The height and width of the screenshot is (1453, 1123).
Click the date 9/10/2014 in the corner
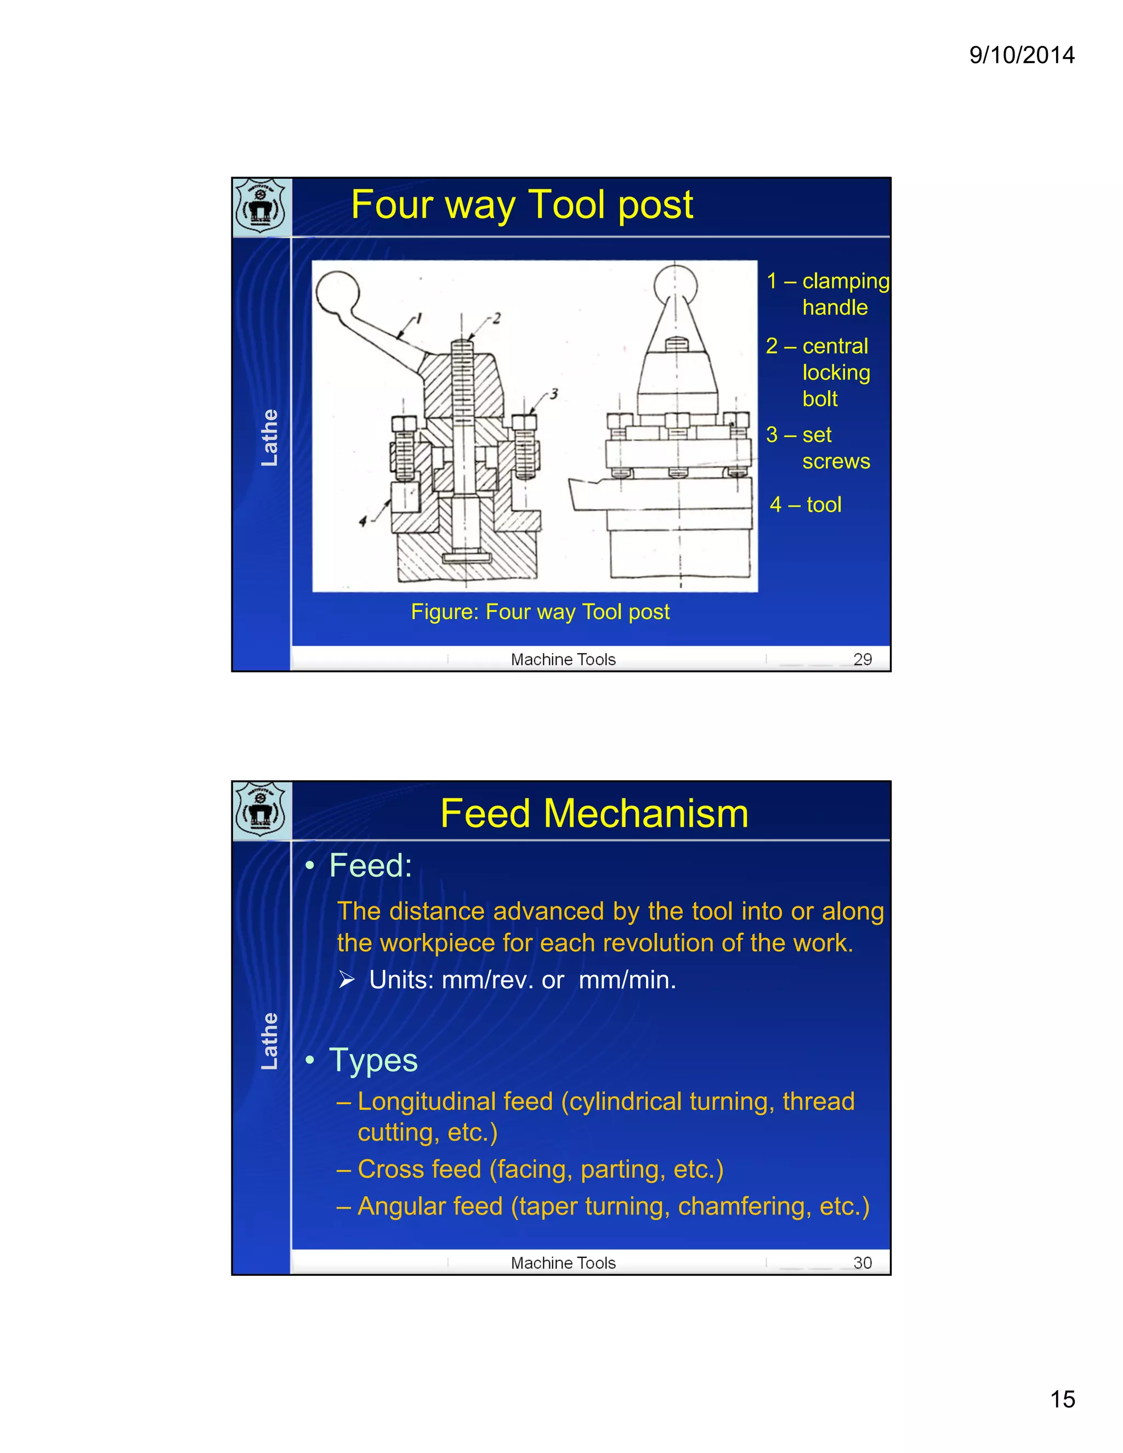[x=1021, y=54]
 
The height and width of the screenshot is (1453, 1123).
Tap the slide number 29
[x=862, y=659]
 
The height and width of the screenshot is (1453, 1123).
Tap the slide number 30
[x=862, y=1263]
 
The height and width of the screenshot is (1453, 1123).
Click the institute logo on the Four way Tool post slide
[x=261, y=206]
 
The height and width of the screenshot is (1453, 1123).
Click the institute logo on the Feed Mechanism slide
[x=261, y=810]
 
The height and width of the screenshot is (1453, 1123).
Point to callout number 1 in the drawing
[x=419, y=319]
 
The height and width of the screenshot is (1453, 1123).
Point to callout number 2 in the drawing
[x=496, y=318]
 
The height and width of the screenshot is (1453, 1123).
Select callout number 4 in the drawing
[x=362, y=520]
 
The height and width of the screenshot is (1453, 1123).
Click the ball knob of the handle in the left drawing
[x=337, y=291]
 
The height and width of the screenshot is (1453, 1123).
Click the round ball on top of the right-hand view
[x=676, y=285]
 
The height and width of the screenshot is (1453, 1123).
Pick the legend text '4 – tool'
[x=805, y=504]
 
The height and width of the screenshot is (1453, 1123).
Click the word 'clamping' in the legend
[x=845, y=281]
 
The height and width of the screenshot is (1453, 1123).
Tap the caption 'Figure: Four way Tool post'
[x=540, y=611]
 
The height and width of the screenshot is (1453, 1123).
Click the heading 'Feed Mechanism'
[x=594, y=813]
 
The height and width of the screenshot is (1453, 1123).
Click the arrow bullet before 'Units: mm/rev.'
[x=347, y=979]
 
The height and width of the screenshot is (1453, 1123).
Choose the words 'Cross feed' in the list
[x=419, y=1169]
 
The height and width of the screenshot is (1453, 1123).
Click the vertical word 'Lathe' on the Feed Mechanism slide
[x=269, y=1041]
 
